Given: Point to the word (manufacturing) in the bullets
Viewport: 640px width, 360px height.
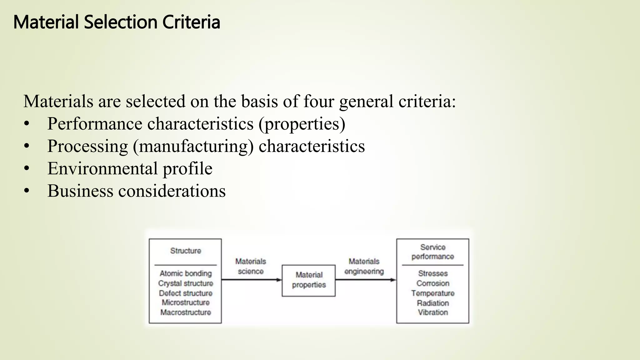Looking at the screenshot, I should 193,146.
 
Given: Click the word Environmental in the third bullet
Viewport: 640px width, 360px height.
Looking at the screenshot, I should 102,169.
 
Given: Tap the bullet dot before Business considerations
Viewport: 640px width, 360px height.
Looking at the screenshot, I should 27,191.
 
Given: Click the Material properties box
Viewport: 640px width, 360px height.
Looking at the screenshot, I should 308,280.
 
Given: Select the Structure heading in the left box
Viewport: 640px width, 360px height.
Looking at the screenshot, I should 186,251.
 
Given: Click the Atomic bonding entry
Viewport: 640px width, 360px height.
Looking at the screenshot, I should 186,273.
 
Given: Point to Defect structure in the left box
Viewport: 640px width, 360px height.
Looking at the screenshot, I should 186,293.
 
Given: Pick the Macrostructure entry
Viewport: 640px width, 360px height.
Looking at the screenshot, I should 186,312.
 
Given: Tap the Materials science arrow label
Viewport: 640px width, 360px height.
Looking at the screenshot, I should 251,266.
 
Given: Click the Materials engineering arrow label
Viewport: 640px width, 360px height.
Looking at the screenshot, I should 364,266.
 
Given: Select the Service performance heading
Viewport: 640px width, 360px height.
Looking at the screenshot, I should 432,252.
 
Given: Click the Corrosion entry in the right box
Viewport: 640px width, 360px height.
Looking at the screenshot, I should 433,283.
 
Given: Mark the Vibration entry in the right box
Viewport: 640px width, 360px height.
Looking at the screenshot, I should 433,312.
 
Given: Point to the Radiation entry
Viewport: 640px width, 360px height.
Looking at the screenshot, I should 433,303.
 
